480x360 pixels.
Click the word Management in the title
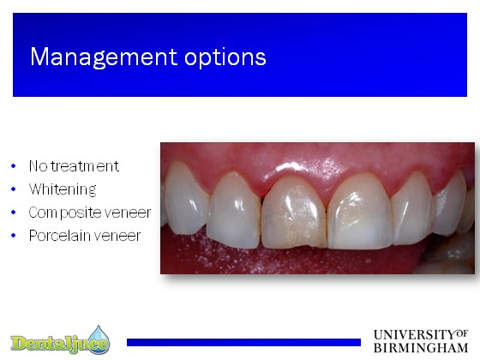tap(104, 57)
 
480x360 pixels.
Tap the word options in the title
tap(225, 58)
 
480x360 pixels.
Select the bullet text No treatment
tap(74, 166)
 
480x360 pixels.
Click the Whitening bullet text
tap(63, 189)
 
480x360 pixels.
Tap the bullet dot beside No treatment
tap(13, 166)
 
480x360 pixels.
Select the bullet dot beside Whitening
tap(13, 189)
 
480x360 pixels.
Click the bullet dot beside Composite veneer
tap(13, 213)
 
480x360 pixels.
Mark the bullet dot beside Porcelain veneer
tap(13, 236)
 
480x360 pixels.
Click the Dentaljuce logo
tap(60, 340)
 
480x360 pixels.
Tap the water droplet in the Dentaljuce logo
tap(99, 339)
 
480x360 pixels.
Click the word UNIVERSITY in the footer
tap(415, 335)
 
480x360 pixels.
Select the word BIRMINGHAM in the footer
tap(421, 348)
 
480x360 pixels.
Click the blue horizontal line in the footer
tap(243, 342)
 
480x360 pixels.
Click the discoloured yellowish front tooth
tap(294, 213)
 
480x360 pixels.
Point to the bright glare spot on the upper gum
tap(289, 167)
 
